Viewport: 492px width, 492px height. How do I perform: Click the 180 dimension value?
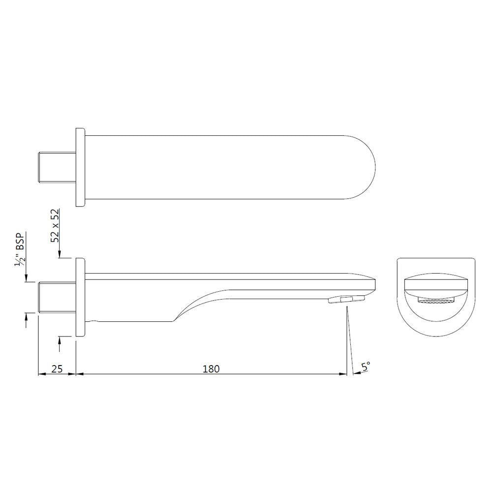[x=211, y=368]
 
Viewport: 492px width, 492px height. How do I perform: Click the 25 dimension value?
[x=57, y=368]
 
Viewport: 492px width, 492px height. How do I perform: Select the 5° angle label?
[x=366, y=367]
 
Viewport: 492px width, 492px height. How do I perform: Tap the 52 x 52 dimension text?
[x=55, y=226]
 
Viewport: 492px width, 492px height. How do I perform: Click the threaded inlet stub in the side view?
[x=57, y=297]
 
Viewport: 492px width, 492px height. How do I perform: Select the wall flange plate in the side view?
[x=81, y=297]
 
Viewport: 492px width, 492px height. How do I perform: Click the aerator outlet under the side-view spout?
[x=347, y=299]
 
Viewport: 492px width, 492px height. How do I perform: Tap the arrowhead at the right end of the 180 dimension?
[x=343, y=374]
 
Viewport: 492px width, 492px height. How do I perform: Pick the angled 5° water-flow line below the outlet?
[x=350, y=339]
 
